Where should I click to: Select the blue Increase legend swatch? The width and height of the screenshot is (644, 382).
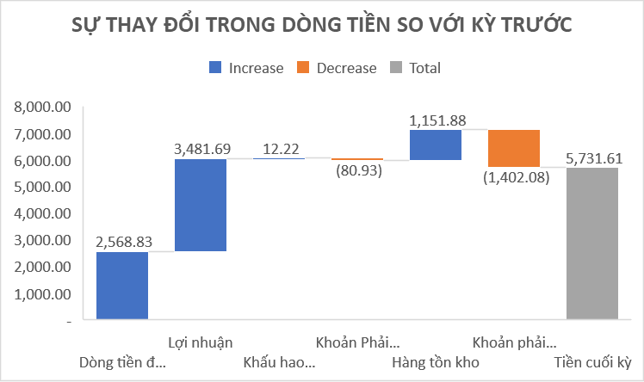(214, 68)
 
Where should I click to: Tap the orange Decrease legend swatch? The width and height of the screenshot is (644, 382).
(302, 68)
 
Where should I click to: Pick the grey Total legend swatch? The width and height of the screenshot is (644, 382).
(395, 68)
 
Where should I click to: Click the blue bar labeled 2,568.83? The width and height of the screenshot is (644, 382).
(122, 286)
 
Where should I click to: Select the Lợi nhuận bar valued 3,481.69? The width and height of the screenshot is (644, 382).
(200, 205)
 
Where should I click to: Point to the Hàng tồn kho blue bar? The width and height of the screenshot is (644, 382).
(436, 145)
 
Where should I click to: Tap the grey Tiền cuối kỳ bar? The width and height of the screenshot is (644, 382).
(592, 243)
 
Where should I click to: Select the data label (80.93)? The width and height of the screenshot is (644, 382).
(357, 170)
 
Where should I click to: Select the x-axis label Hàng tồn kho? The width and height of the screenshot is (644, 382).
(436, 360)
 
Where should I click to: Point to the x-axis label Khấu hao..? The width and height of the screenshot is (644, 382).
(279, 360)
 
